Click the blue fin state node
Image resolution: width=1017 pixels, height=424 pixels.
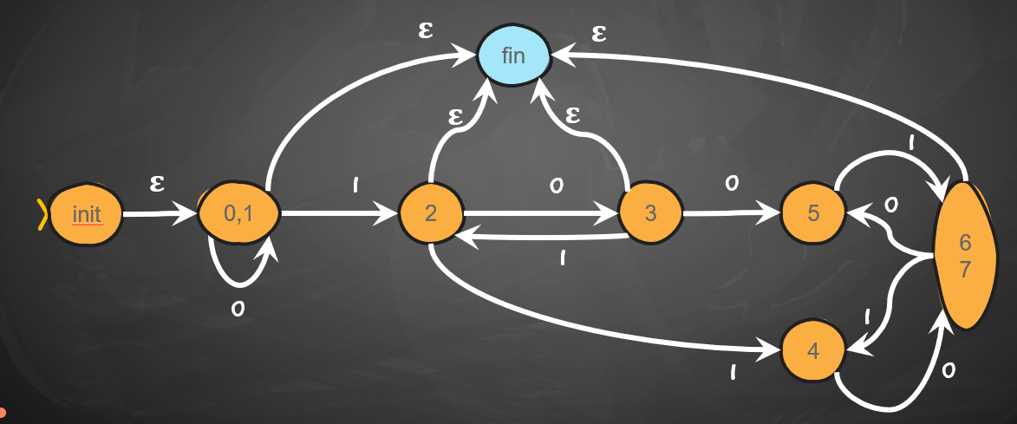pyautogui.click(x=513, y=56)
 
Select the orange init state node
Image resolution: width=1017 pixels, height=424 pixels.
pyautogui.click(x=86, y=213)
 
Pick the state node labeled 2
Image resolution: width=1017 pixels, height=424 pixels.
pyautogui.click(x=430, y=213)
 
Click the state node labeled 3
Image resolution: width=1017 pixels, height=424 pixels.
pyautogui.click(x=649, y=213)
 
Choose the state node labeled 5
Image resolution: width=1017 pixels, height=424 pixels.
pyautogui.click(x=813, y=213)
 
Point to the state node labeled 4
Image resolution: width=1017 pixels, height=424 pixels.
pyautogui.click(x=813, y=351)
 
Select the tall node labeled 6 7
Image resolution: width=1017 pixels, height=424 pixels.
pyautogui.click(x=964, y=257)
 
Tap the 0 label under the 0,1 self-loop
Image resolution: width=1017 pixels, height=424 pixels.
pyautogui.click(x=237, y=310)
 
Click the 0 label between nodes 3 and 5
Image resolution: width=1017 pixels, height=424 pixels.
pyautogui.click(x=732, y=184)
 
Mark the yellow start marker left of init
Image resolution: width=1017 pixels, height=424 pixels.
pyautogui.click(x=40, y=214)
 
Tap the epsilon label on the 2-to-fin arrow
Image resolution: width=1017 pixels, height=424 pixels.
pyautogui.click(x=454, y=116)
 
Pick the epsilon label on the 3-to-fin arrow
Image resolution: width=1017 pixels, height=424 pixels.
pyautogui.click(x=571, y=114)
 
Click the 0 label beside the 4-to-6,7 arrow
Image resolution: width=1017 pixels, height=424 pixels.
pyautogui.click(x=948, y=371)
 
